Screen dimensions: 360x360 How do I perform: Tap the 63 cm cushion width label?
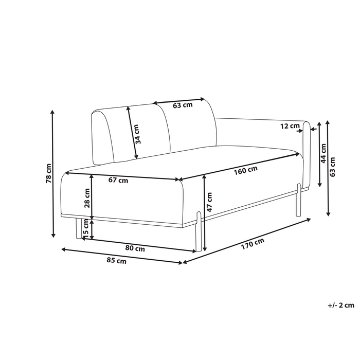click(x=183, y=105)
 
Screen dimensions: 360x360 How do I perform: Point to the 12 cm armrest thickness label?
click(x=290, y=125)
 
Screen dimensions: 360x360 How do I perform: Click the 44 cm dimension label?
click(x=323, y=154)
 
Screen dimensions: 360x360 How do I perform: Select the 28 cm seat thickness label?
click(x=87, y=197)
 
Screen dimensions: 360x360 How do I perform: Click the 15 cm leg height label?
click(x=86, y=229)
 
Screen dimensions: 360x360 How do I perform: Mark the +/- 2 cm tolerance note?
click(x=340, y=305)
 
